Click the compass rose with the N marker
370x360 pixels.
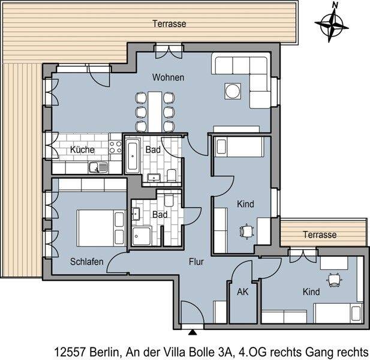coord(331,23)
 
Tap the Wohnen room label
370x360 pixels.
coord(168,78)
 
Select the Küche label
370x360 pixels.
coord(82,149)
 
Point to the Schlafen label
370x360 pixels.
coord(87,262)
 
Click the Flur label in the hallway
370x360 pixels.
coord(197,262)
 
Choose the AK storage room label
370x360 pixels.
coord(242,292)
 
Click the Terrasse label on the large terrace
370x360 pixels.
coord(169,24)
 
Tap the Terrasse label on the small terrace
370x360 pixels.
coord(319,235)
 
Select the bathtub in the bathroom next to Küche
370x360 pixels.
coord(132,155)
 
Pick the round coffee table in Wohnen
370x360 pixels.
coord(232,91)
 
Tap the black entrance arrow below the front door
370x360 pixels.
coord(192,330)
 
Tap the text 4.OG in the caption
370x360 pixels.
coord(251,351)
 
